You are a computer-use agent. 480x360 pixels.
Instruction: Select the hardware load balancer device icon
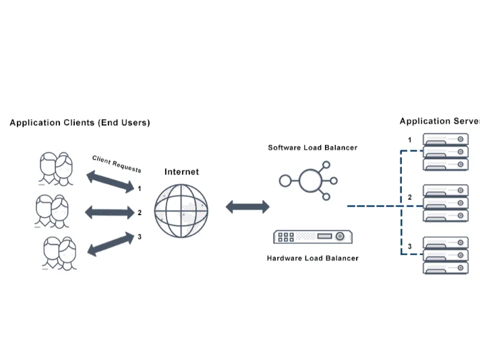pos(313,237)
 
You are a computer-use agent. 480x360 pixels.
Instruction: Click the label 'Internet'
pos(181,172)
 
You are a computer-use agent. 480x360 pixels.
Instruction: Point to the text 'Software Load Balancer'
pos(312,148)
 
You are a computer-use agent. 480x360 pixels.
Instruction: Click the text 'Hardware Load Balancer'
pos(313,258)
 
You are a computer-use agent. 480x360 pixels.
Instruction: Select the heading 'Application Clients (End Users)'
pos(80,123)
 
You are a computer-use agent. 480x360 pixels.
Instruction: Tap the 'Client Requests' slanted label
pos(117,164)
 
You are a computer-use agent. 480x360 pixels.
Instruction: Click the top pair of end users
pos(56,169)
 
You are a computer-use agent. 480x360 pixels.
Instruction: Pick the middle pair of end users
pos(52,211)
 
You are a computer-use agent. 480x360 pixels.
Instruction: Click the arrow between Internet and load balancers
pos(247,207)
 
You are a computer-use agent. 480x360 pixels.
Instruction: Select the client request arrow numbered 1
pos(110,183)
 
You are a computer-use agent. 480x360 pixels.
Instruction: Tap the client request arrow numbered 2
pos(110,213)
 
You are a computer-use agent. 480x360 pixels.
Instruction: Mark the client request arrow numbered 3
pos(110,243)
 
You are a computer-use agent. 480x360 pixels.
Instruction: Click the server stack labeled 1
pos(445,152)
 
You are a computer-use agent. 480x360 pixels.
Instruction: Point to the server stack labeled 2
pos(445,203)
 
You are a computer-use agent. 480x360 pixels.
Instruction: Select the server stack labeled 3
pos(445,255)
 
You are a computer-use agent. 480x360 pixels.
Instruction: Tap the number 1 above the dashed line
pos(409,140)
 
